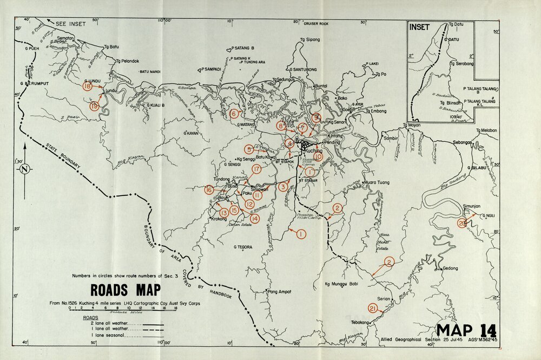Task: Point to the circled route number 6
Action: tap(234, 114)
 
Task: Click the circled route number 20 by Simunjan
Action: tap(461, 223)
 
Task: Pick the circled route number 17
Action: tap(256, 169)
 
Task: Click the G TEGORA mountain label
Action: tap(243, 247)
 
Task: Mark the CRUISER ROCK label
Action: tap(316, 24)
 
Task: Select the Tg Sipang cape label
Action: tap(310, 40)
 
